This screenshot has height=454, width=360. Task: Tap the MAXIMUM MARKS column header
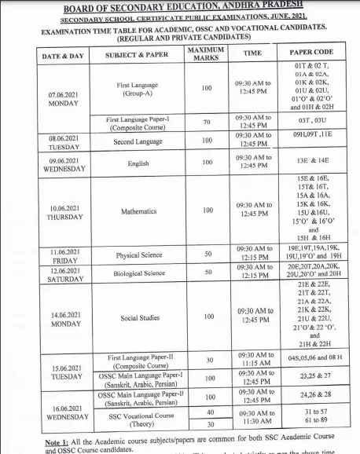206,55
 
